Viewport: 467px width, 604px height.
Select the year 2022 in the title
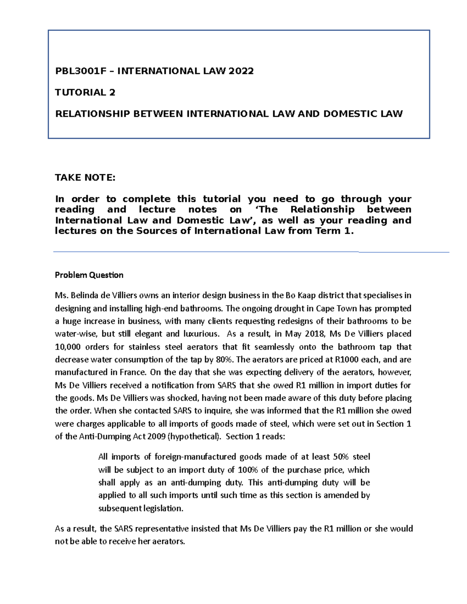(241, 71)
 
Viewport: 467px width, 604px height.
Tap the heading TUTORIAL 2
(85, 92)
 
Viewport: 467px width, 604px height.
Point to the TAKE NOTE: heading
(85, 178)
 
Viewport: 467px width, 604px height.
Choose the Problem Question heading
(89, 275)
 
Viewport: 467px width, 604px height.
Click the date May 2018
(302, 334)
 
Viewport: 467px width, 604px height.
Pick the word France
(135, 372)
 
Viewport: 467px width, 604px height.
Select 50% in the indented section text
(341, 457)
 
